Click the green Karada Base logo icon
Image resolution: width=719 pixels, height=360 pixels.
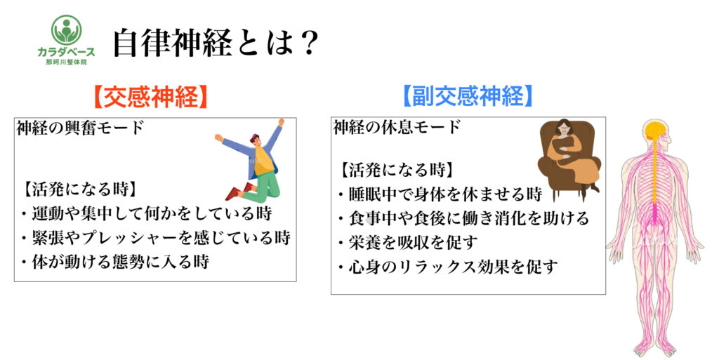click(x=67, y=29)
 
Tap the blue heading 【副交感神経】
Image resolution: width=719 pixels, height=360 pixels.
click(x=468, y=95)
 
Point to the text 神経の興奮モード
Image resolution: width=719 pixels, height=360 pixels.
click(x=81, y=128)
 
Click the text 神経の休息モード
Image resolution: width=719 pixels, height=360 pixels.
click(x=397, y=127)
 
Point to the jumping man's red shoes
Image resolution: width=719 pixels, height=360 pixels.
click(x=239, y=192)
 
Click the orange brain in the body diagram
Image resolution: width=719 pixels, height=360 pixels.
click(x=654, y=131)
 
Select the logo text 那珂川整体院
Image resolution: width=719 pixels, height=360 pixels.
click(x=66, y=62)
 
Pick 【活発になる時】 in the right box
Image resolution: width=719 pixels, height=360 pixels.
click(x=397, y=170)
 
